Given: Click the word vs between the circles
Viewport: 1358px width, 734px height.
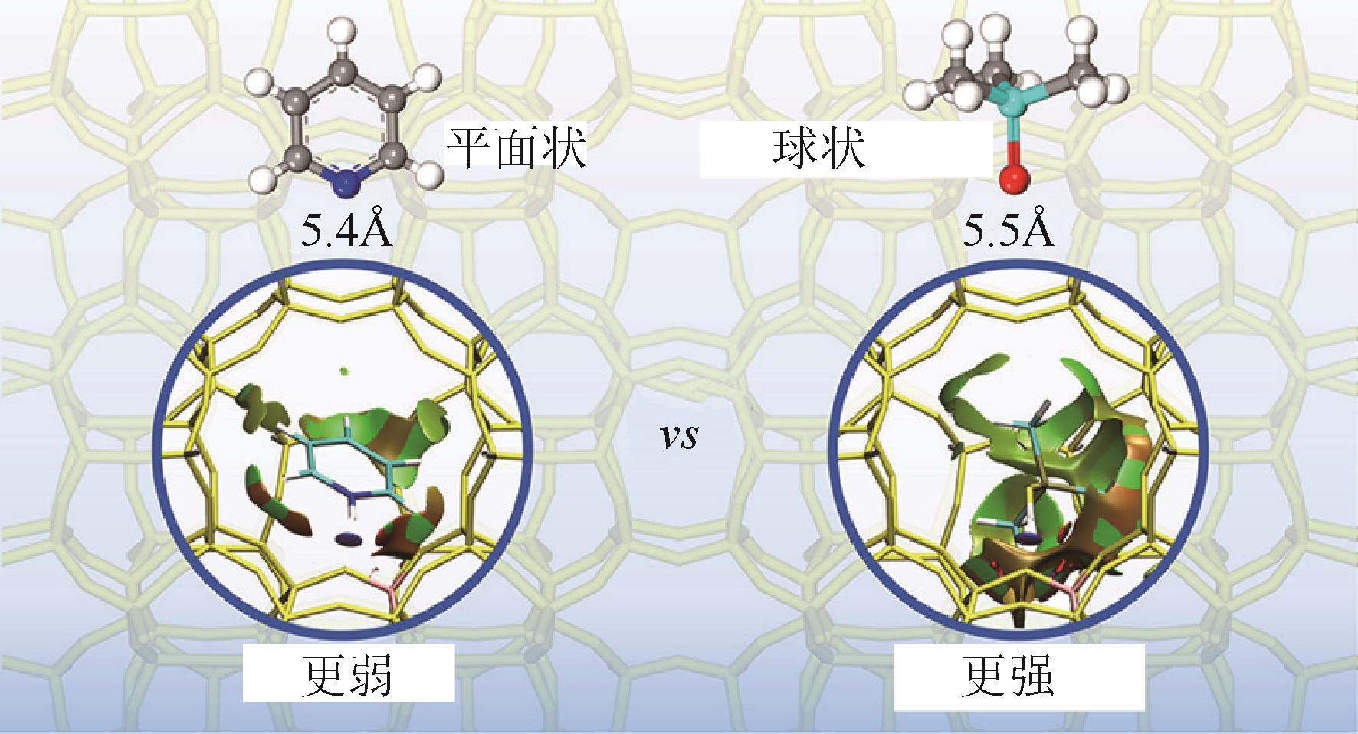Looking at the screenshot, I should click(680, 438).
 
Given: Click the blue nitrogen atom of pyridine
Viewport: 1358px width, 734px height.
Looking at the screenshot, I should click(348, 182).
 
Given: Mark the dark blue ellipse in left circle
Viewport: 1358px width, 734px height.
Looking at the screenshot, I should click(349, 540).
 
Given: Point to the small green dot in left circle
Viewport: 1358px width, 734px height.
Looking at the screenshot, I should click(345, 372).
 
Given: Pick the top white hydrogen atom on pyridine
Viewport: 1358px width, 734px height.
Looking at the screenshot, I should click(346, 35).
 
